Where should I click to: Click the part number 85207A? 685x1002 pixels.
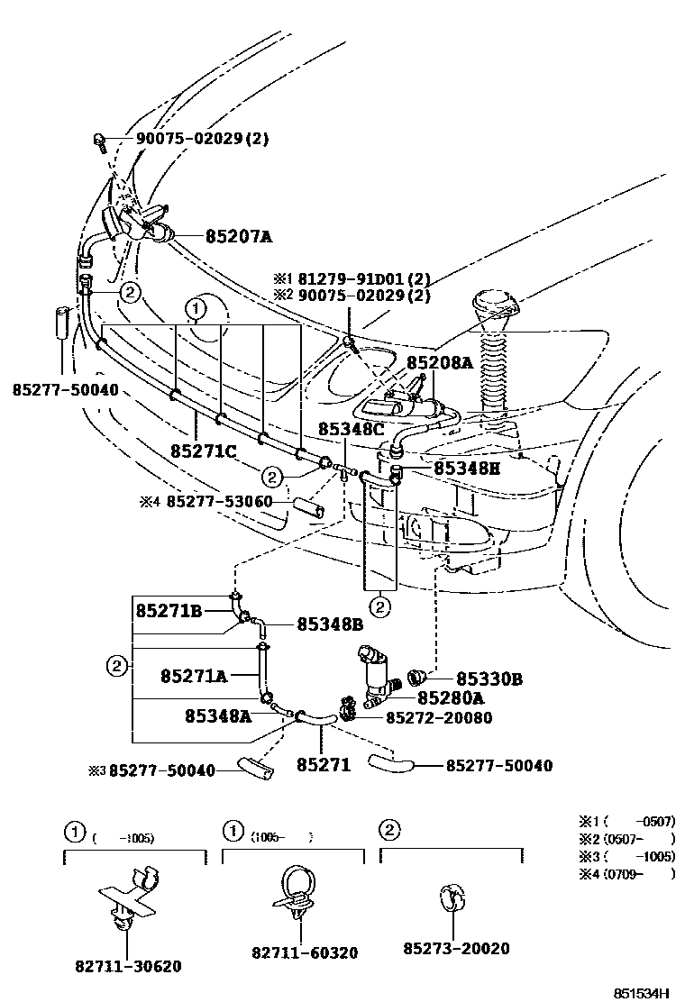(x=239, y=237)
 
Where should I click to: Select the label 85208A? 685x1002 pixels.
(x=439, y=362)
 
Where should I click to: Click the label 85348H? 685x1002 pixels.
(x=467, y=469)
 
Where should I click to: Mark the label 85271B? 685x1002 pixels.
(x=169, y=610)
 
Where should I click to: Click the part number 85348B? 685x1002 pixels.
(x=330, y=624)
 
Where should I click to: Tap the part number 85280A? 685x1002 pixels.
(x=451, y=697)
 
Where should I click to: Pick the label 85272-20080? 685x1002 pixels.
(x=440, y=717)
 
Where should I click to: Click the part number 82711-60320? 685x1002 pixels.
(x=291, y=952)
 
